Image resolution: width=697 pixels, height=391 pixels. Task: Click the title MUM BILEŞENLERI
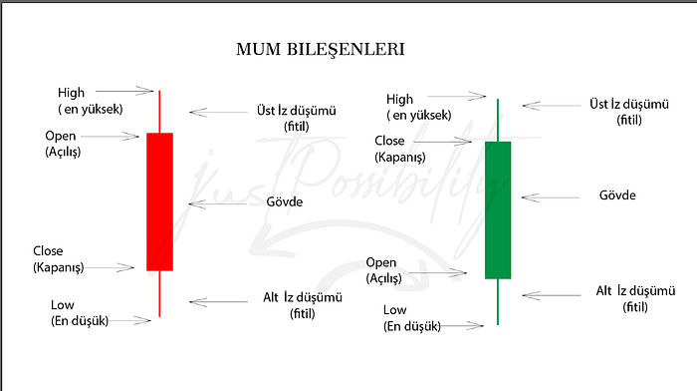tap(320, 50)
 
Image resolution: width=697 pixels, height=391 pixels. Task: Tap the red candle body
tap(159, 201)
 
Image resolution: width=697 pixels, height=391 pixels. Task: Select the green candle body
tap(498, 210)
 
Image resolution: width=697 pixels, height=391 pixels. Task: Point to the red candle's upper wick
tap(159, 112)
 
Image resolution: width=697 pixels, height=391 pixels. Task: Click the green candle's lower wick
tap(498, 302)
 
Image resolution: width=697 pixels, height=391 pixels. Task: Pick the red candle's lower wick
tap(159, 294)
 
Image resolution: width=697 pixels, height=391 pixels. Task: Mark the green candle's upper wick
tap(498, 121)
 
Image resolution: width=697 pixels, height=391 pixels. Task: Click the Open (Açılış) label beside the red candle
tap(63, 144)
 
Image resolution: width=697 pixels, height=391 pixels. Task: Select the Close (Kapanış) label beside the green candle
tap(400, 149)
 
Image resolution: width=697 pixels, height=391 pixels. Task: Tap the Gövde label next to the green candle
tap(617, 195)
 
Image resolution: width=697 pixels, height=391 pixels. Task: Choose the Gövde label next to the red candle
tap(285, 201)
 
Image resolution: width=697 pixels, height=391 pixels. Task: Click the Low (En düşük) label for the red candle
tap(80, 313)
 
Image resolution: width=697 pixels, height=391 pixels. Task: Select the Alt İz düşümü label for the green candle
tap(635, 299)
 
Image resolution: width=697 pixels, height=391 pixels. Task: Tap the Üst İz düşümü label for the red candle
tap(297, 119)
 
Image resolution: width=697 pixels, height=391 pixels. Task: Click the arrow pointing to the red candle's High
tap(124, 91)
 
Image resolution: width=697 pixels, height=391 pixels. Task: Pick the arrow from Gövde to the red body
tap(218, 203)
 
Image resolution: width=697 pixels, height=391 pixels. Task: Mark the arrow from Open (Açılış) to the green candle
tap(437, 272)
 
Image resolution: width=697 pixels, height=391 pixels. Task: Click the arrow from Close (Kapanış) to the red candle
tap(109, 267)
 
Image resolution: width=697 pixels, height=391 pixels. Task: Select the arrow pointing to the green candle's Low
tap(462, 326)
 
